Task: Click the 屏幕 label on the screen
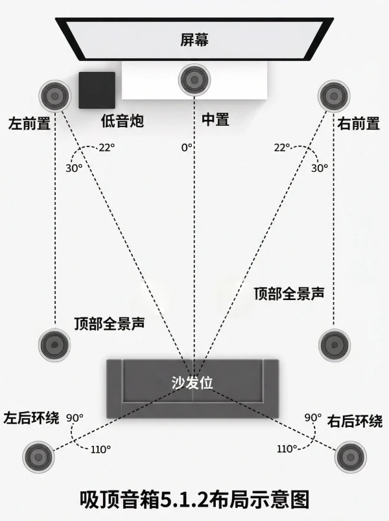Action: (194, 40)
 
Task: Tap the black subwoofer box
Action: (97, 90)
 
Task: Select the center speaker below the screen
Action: (194, 80)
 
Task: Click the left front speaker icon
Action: (55, 96)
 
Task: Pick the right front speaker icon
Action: (334, 96)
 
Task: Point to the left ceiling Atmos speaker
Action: (54, 345)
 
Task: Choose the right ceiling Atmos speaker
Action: (334, 345)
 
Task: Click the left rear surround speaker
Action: (38, 457)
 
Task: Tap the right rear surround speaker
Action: (351, 457)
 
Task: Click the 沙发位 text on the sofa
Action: (192, 382)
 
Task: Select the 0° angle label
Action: (187, 147)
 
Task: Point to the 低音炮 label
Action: (123, 121)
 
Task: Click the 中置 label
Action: (215, 119)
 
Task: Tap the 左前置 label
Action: (29, 123)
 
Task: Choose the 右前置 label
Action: (359, 123)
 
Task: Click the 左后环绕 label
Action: (31, 418)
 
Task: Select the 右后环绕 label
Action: (355, 421)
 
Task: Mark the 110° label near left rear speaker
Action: (100, 450)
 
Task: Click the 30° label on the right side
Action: (320, 168)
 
